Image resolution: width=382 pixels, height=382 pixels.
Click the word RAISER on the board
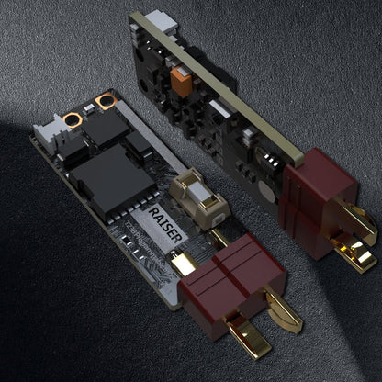tap(165, 225)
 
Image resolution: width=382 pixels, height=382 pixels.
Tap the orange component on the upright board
tap(181, 82)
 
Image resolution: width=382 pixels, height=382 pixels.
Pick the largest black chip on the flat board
tap(112, 182)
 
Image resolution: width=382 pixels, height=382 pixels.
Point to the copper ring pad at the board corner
tap(106, 101)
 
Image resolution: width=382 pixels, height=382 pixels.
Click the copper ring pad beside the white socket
tap(73, 120)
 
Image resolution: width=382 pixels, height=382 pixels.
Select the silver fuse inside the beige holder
tap(200, 193)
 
